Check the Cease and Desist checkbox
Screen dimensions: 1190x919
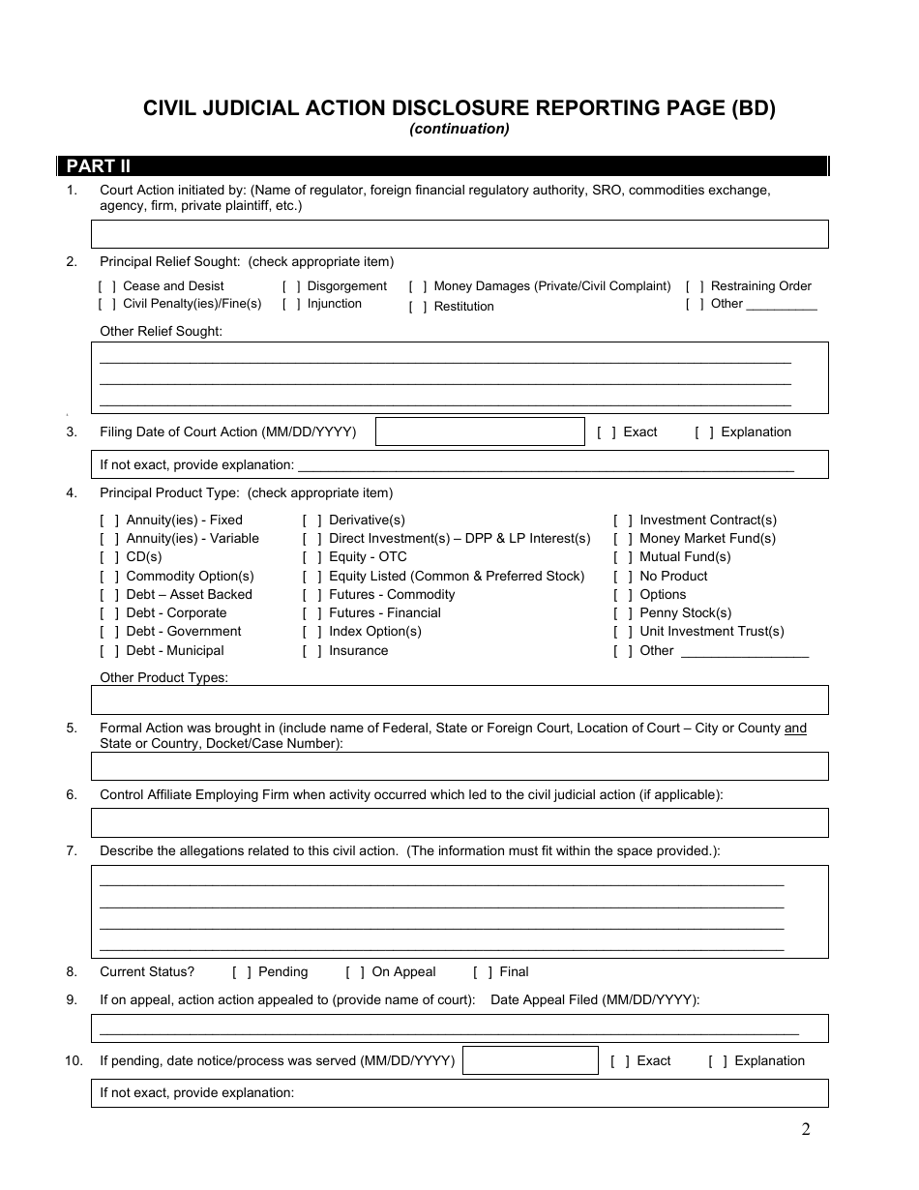click(107, 286)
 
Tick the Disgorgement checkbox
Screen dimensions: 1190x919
click(291, 286)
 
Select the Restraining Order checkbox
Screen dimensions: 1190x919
click(695, 286)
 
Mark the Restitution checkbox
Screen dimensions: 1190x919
click(418, 307)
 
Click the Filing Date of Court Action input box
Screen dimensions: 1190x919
click(480, 431)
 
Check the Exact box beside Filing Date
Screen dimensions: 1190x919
click(607, 432)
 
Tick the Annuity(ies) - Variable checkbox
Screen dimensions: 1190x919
click(109, 539)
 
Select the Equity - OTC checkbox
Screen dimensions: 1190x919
click(312, 557)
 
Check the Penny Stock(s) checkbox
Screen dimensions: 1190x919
click(623, 613)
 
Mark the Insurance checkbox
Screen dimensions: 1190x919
click(312, 651)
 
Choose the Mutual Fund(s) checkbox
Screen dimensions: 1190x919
click(623, 557)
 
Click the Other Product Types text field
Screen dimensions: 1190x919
click(459, 699)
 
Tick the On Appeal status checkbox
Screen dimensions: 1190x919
click(355, 972)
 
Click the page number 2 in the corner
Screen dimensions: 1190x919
click(805, 1129)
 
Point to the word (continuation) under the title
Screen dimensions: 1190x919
click(459, 129)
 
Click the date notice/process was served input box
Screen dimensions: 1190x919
click(530, 1060)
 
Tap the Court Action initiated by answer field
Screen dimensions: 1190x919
click(459, 234)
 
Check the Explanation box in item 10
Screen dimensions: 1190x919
click(718, 1061)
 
